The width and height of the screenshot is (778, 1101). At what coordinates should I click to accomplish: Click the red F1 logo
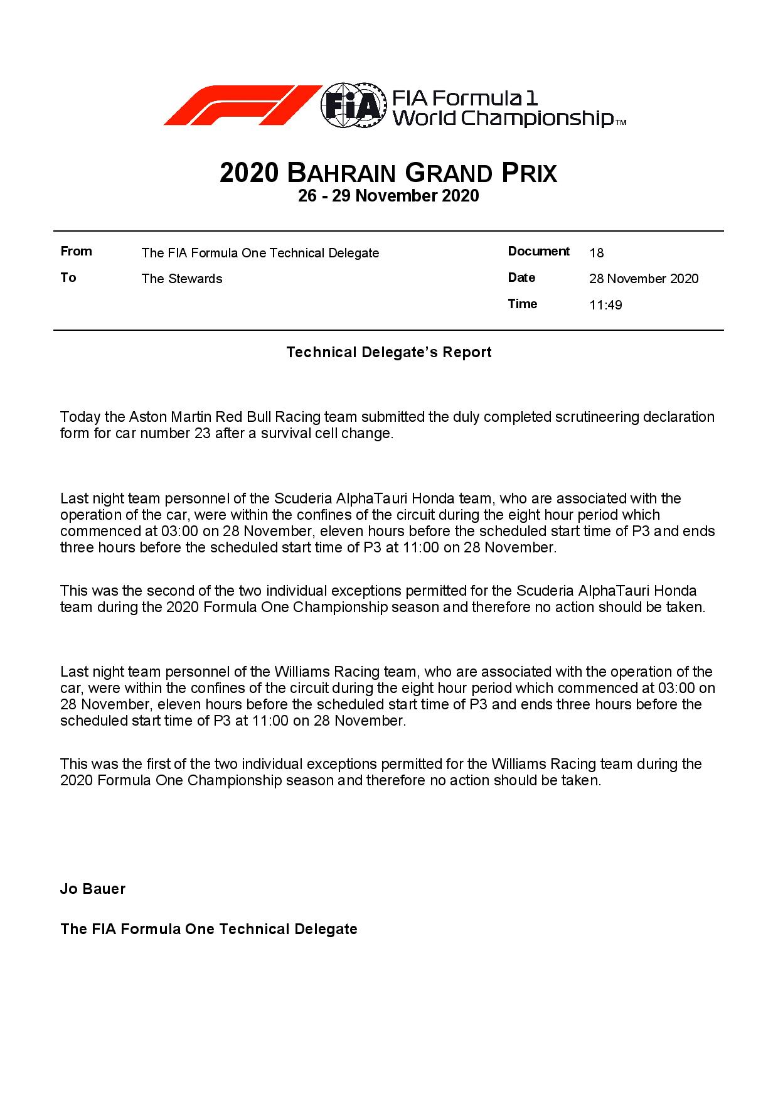[x=242, y=105]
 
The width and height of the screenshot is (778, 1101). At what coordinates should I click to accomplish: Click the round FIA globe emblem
[x=352, y=105]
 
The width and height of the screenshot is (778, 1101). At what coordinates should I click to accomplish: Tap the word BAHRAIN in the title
[x=341, y=173]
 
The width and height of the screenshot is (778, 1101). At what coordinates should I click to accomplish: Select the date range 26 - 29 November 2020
[x=388, y=196]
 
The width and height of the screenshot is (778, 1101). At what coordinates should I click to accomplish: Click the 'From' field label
[x=76, y=251]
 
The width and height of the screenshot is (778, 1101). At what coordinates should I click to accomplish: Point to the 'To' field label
[x=68, y=277]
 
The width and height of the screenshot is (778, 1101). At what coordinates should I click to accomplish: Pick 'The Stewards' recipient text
[x=182, y=279]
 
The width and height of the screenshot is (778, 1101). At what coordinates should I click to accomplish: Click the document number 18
[x=597, y=253]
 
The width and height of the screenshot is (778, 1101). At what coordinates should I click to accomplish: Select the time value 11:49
[x=605, y=305]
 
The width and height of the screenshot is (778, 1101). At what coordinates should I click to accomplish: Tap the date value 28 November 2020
[x=644, y=279]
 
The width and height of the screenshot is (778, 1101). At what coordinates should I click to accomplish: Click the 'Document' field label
[x=538, y=251]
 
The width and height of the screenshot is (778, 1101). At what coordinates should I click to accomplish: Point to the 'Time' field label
[x=522, y=304]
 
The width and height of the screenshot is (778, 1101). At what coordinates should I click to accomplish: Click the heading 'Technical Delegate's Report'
[x=389, y=352]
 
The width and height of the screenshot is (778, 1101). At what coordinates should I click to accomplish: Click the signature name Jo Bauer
[x=93, y=889]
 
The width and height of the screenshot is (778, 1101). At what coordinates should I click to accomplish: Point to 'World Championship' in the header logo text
[x=503, y=118]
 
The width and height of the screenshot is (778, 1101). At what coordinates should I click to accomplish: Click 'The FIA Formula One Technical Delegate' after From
[x=260, y=253]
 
